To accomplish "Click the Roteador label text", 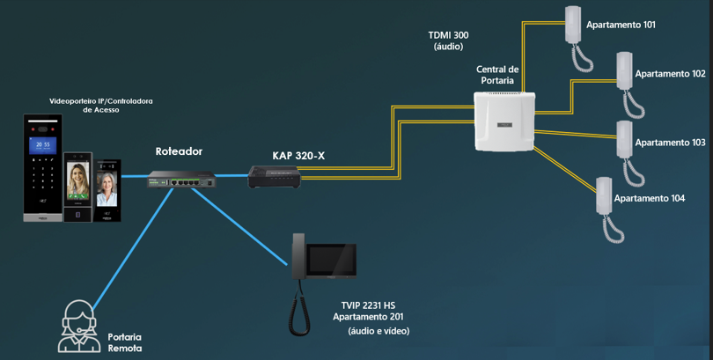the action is tap(179, 151).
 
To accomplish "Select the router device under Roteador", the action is tap(181, 179).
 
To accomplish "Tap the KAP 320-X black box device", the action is tap(274, 177).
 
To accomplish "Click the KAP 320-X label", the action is tap(298, 156).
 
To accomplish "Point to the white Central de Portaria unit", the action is tap(504, 121).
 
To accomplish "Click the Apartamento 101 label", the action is tap(621, 25).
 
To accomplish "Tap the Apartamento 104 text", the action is tap(650, 198).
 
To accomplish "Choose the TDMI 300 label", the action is tap(448, 35).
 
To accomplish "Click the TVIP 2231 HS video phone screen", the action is tap(331, 260).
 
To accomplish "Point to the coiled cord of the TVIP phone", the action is tap(299, 309).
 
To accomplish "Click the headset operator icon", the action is tap(78, 327).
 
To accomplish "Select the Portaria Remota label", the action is tap(125, 342).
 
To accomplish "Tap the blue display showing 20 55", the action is tap(43, 145).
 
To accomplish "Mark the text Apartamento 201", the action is tap(368, 317).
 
